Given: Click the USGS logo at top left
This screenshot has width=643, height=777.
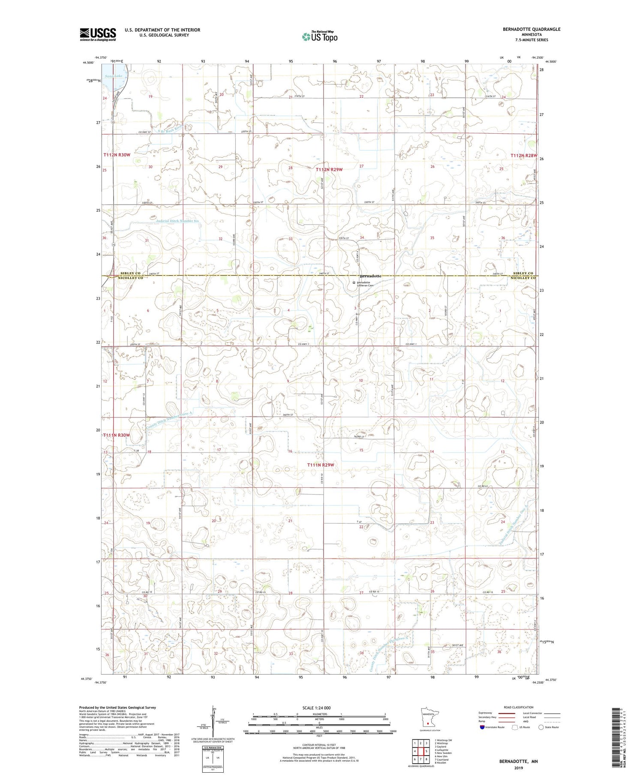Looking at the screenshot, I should (98, 34).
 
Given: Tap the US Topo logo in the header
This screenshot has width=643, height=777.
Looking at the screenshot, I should (319, 36).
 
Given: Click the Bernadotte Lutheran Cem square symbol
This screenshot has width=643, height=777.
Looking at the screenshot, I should (354, 282).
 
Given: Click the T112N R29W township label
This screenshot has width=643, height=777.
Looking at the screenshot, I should (330, 170).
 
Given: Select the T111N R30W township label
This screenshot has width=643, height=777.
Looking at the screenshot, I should (116, 435).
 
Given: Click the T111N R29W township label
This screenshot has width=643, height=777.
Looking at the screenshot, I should (320, 465).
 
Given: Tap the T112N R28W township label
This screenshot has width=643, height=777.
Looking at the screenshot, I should (523, 155).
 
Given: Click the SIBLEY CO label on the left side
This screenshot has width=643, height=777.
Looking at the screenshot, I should (130, 273).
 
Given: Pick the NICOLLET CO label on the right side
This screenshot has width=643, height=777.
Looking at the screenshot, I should (523, 278).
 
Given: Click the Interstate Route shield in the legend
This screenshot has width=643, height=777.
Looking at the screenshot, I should (482, 727).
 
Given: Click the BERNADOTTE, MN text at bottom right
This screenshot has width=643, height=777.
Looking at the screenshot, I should (518, 762).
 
